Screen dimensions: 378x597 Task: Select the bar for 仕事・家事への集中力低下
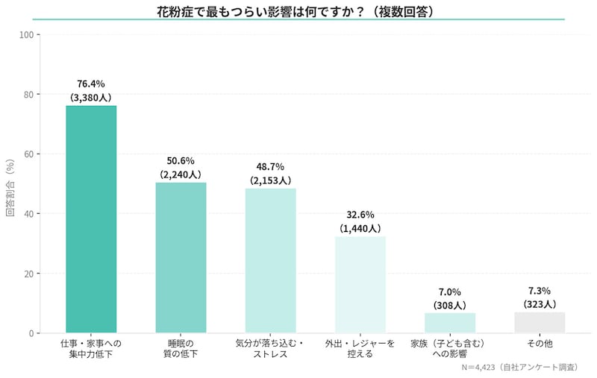click(91, 219)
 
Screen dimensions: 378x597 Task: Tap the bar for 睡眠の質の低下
click(181, 258)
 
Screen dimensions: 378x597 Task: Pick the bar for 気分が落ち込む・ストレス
click(270, 261)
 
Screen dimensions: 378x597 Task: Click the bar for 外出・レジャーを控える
click(360, 285)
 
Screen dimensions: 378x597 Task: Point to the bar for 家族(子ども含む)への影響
click(449, 323)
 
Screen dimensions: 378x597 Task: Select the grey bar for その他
click(539, 322)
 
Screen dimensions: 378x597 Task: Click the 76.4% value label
click(91, 84)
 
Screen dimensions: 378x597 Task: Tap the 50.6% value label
click(181, 161)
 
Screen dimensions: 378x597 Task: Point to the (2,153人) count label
click(270, 180)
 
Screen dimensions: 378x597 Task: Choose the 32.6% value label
click(360, 215)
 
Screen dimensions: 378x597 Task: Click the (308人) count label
click(449, 305)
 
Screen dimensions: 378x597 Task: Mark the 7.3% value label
click(539, 291)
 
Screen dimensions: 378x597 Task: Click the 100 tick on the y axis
click(25, 34)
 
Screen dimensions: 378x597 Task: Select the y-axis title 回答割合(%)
click(10, 184)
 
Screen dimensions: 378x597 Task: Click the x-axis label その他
click(539, 344)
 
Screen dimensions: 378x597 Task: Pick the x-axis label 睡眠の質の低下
click(181, 349)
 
